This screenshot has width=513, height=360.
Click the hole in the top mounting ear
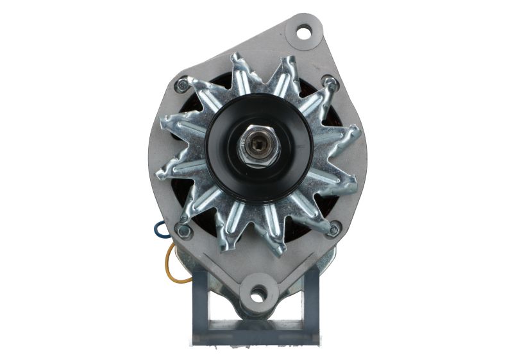point(304,30)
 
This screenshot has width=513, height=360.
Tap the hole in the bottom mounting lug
point(258,296)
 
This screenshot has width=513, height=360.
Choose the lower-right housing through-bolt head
point(334,227)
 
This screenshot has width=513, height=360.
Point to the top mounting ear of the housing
point(301,35)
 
